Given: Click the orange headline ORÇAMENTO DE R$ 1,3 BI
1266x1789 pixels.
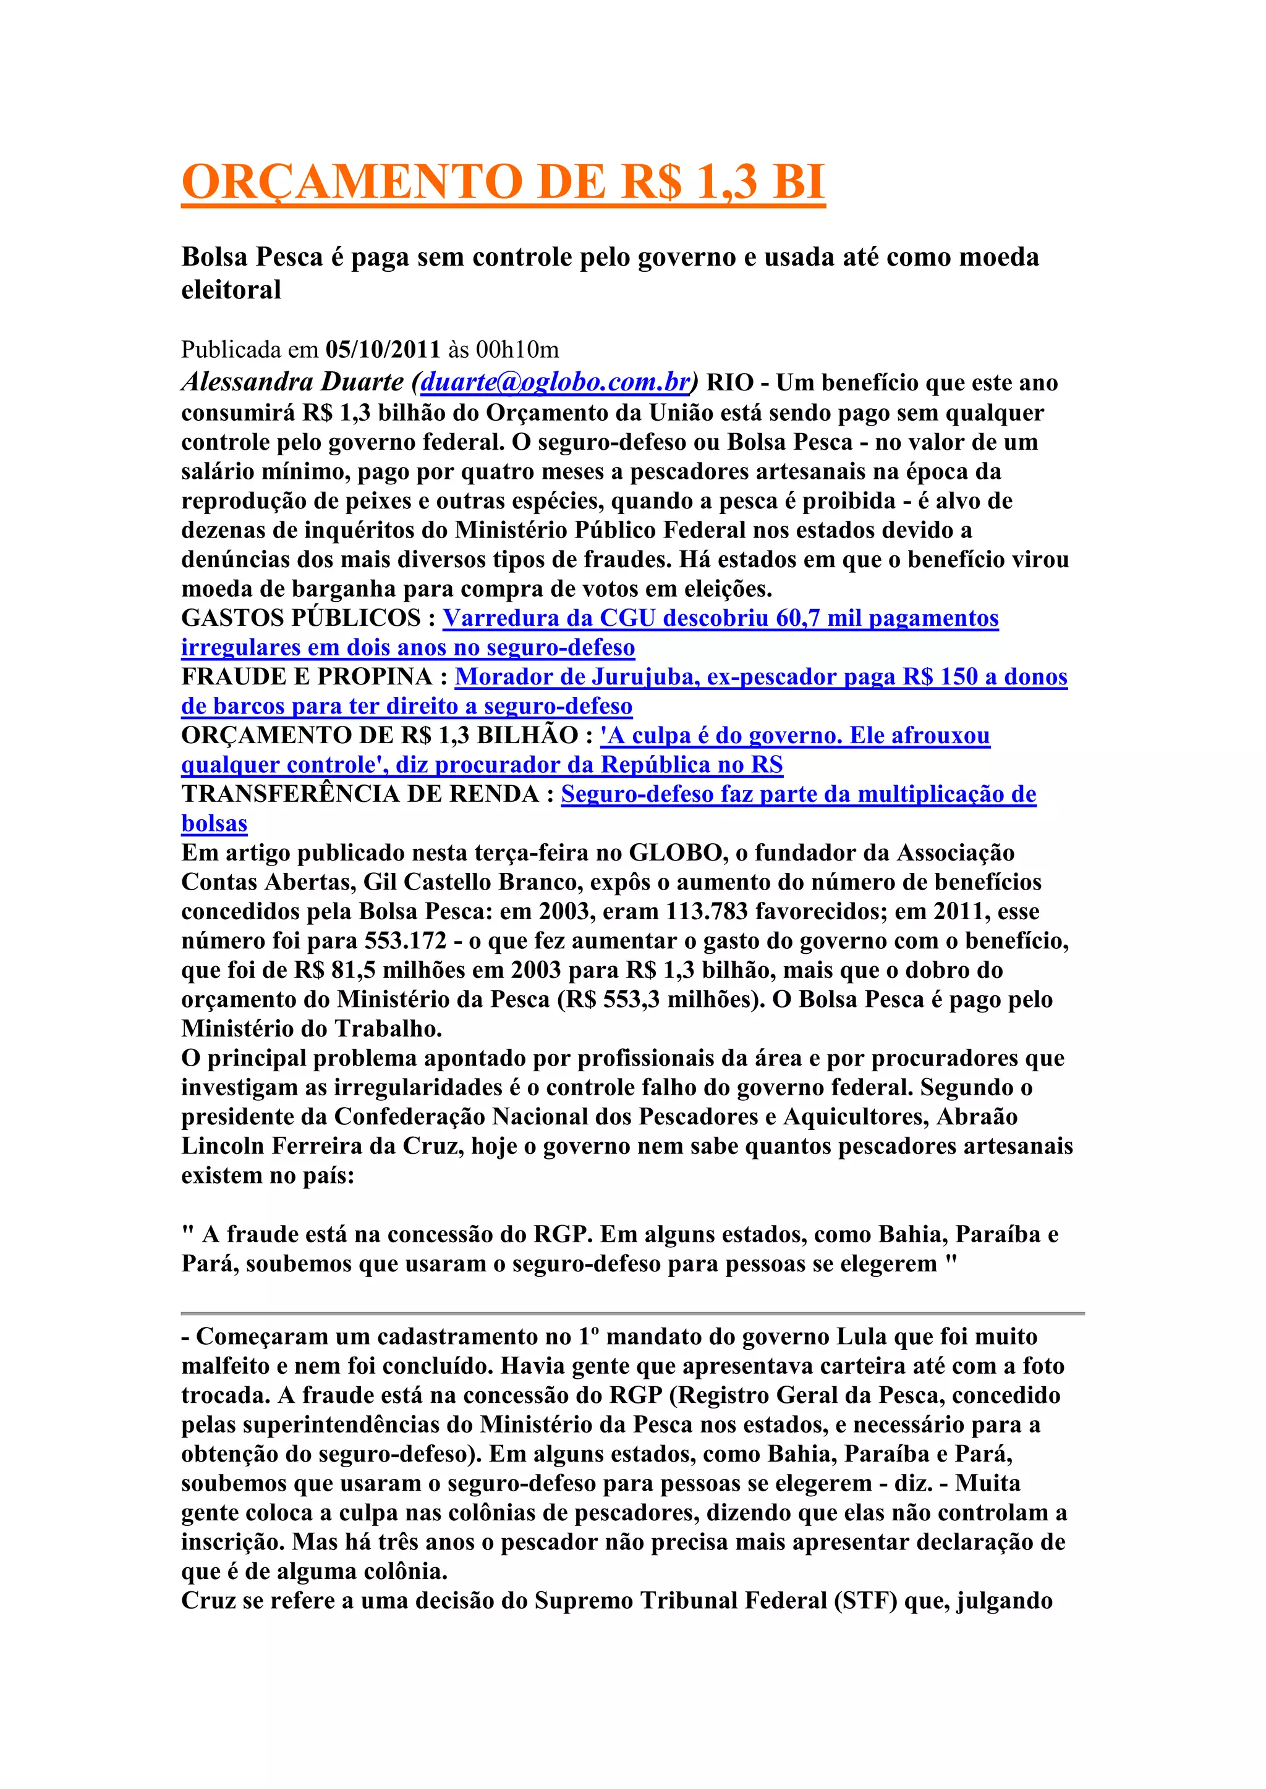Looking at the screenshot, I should [x=503, y=182].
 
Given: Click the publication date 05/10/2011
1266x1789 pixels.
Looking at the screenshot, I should [x=383, y=349].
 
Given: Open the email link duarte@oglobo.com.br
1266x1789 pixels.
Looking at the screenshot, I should [x=555, y=382].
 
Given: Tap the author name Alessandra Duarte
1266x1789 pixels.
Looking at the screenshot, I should [x=292, y=382].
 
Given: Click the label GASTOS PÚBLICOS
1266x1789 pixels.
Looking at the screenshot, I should [x=301, y=618].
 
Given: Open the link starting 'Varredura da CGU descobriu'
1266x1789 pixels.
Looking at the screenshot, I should [x=720, y=618].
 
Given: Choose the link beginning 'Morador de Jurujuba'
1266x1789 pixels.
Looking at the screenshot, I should [x=761, y=676].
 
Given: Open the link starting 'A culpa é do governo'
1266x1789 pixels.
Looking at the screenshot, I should [x=795, y=736].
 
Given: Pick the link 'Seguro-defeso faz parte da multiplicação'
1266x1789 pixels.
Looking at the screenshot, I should [x=798, y=794].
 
